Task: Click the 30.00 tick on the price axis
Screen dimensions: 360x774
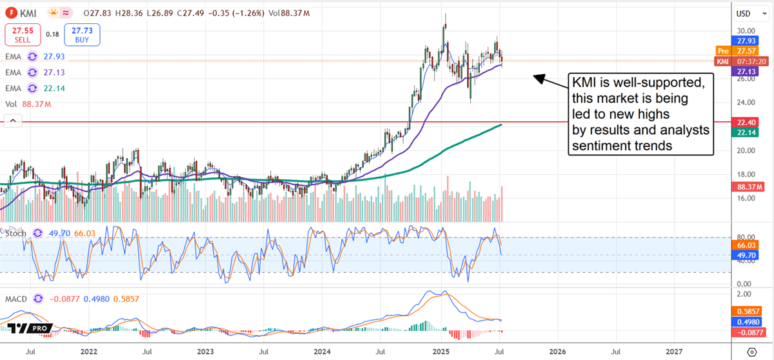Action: [746, 30]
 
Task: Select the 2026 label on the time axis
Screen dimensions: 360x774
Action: [557, 352]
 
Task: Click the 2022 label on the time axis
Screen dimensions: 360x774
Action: [88, 352]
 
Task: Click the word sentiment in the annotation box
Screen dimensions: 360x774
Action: [599, 146]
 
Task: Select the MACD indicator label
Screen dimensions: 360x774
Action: [17, 299]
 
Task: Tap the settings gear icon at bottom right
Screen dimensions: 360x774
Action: [751, 352]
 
